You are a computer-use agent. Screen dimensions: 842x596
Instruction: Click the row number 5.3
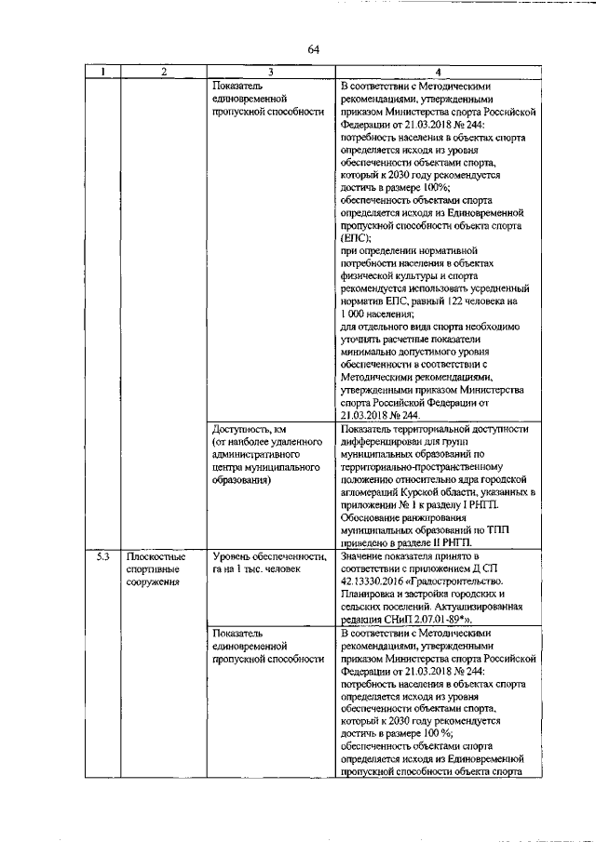click(x=103, y=556)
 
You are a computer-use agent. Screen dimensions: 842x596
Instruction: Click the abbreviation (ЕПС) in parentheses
click(x=355, y=238)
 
